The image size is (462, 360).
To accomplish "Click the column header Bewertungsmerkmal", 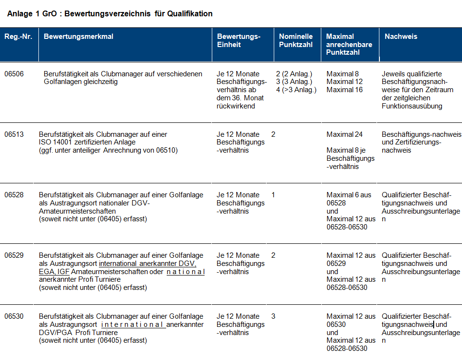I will click(78, 36).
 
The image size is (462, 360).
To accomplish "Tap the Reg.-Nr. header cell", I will click(18, 36).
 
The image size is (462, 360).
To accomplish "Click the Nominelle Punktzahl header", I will click(296, 40).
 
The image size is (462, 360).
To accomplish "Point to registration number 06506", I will click(14, 74).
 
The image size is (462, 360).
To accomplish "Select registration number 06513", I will click(14, 134).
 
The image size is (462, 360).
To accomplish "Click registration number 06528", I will click(14, 195).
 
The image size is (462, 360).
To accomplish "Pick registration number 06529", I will click(14, 255).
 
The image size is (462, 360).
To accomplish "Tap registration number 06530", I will click(14, 316).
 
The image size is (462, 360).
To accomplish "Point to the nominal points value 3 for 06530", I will click(273, 316).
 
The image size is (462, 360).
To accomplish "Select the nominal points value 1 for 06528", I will click(273, 195).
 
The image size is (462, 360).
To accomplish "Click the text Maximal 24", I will click(344, 134).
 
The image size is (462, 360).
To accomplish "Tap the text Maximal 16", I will click(344, 90).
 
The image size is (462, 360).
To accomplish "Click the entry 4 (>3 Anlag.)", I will click(296, 90).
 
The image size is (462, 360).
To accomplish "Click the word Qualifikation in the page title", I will click(190, 13).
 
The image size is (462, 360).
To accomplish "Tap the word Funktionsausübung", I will click(412, 106).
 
